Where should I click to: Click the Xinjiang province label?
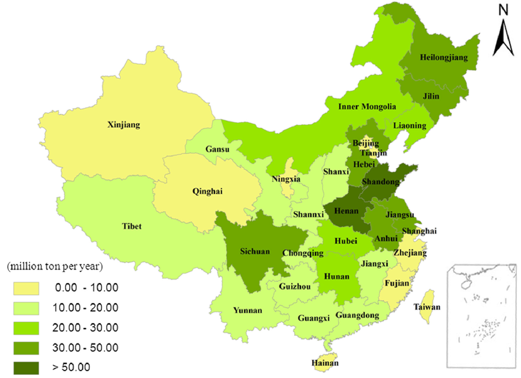[124, 124]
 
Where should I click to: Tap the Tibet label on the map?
[131, 226]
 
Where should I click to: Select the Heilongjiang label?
[444, 57]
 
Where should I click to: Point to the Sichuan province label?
[255, 251]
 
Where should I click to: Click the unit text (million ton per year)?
[55, 267]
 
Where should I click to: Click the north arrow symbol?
[503, 38]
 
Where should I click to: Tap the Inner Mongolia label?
[367, 107]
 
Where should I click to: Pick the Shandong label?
[381, 182]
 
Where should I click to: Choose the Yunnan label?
[248, 310]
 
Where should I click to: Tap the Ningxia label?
[286, 179]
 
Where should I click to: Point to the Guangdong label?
[357, 315]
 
